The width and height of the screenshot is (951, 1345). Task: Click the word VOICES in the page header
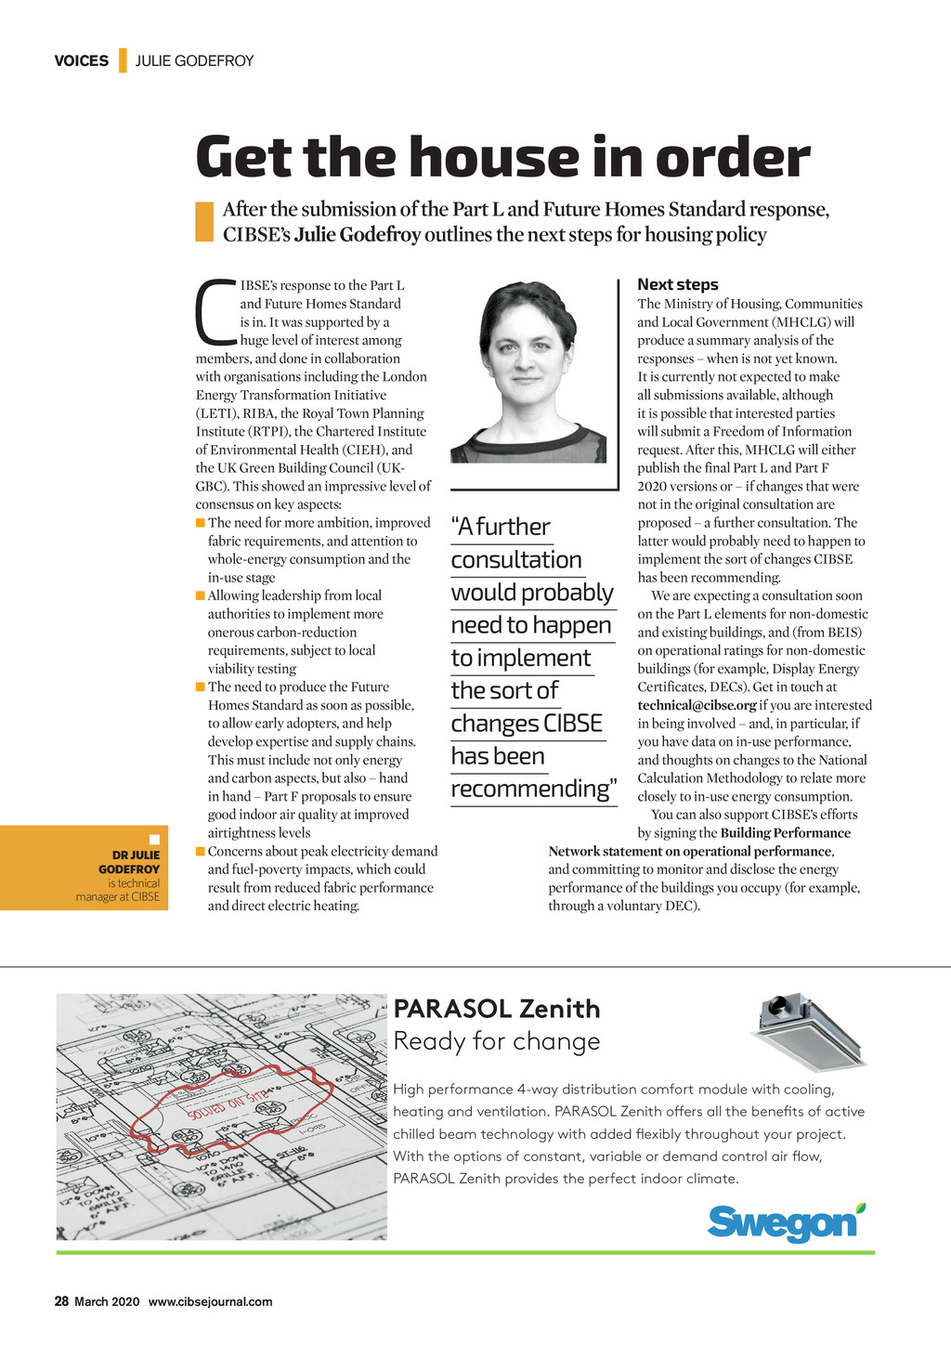tap(81, 61)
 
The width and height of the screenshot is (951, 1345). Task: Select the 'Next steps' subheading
tap(677, 285)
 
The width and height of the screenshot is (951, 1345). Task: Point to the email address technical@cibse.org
tap(697, 705)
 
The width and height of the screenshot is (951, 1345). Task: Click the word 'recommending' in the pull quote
tap(530, 789)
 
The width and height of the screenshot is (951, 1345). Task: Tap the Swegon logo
tap(785, 1222)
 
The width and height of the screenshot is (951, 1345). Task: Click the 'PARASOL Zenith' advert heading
tap(497, 1009)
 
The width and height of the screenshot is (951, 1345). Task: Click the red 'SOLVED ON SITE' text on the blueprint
tap(228, 1104)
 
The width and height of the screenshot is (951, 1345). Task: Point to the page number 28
tap(61, 1301)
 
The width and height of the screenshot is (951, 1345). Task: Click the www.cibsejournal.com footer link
tap(210, 1301)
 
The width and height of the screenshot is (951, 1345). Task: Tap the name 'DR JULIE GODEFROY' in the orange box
tap(131, 862)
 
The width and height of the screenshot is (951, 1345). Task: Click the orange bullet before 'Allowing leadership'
tap(201, 595)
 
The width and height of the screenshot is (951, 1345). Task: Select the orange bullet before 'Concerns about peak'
tap(201, 851)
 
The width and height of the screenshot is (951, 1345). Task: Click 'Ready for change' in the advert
tap(497, 1041)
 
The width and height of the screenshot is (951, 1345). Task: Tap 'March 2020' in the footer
tap(107, 1301)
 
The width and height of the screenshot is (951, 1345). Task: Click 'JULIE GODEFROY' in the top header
tap(194, 61)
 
